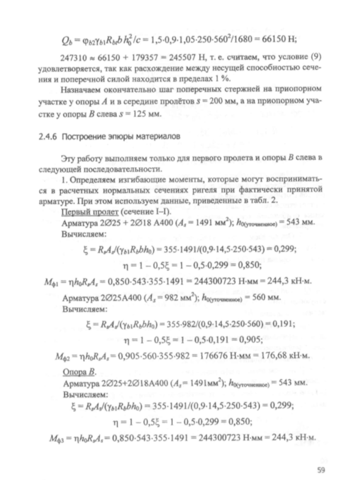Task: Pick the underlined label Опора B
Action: pos(76,373)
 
